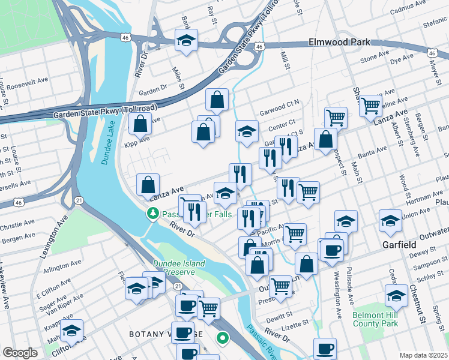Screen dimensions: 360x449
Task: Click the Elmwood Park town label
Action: pos(339,43)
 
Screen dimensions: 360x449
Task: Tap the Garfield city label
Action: pos(399,245)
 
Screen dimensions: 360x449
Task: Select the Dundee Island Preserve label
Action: pos(178,268)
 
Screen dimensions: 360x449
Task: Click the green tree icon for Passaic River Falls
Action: pos(154,213)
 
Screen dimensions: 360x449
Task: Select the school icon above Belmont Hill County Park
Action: pos(396,295)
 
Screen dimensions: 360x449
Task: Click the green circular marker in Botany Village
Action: pos(223,339)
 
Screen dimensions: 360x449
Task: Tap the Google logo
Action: pos(20,353)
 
